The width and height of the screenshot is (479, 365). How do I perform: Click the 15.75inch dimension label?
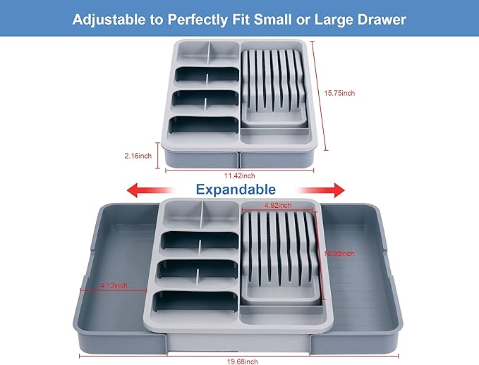339,93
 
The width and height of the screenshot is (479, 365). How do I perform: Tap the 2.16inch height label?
138,156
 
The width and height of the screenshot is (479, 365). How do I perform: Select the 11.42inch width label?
240,175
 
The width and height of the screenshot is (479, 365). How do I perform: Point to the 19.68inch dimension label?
242,361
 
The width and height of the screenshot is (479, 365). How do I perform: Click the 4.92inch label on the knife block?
278,205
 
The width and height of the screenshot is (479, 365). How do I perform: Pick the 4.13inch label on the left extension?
114,285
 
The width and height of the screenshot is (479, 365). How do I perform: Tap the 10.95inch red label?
339,254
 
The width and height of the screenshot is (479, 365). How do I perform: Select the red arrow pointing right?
321,190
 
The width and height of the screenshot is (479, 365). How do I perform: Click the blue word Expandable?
236,190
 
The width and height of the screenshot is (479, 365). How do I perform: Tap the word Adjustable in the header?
109,20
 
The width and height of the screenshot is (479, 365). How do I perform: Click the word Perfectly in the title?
198,20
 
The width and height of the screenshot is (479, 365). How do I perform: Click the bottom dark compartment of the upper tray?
204,125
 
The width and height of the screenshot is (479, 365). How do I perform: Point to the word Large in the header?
334,20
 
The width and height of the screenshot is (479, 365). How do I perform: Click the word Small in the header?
273,20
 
